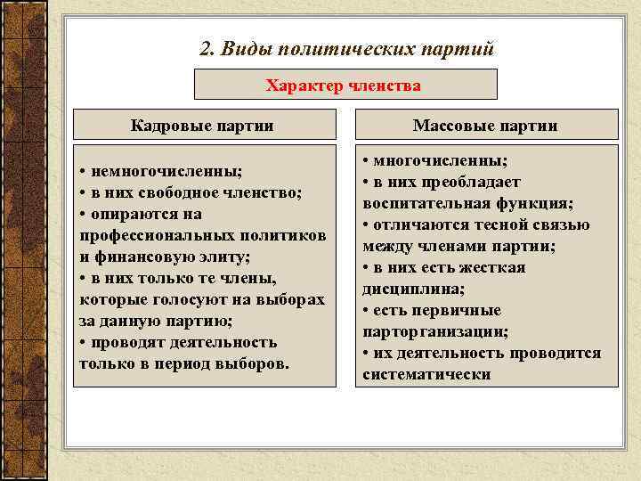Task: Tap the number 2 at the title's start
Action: (207, 49)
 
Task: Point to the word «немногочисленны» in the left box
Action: (159, 171)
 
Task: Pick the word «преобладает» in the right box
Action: (476, 182)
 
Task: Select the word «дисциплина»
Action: (406, 289)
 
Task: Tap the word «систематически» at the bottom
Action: (426, 374)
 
